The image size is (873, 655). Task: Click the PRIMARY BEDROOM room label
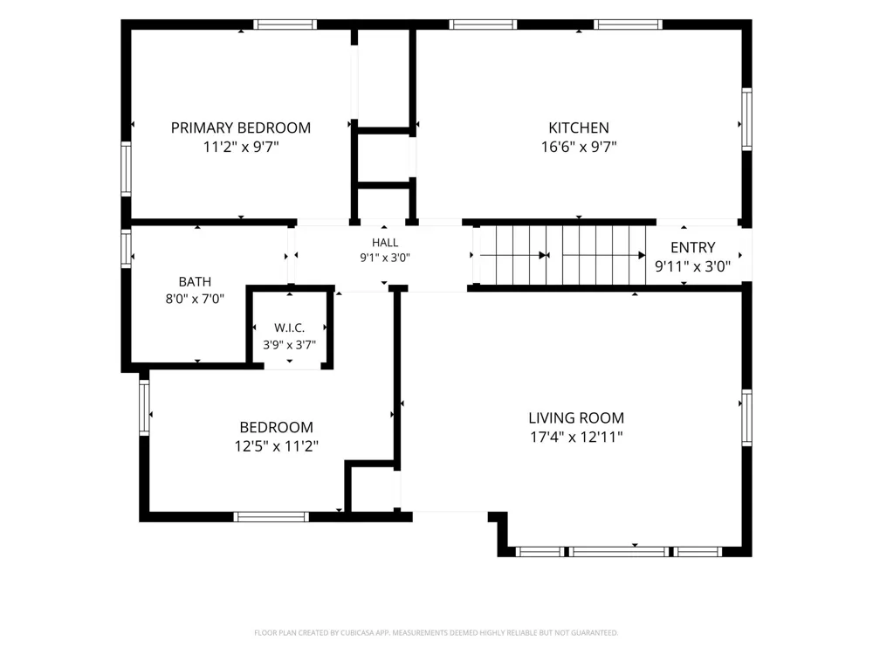click(x=241, y=128)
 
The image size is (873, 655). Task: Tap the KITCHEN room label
click(x=579, y=128)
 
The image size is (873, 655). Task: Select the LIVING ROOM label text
click(x=576, y=417)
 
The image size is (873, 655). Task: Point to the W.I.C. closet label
click(x=290, y=328)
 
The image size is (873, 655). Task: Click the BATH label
click(x=195, y=282)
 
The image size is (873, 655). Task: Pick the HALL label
click(x=385, y=243)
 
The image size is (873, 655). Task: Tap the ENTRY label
click(x=692, y=247)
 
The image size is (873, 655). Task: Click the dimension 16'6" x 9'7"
click(x=579, y=147)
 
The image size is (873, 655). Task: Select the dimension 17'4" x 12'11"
click(x=576, y=437)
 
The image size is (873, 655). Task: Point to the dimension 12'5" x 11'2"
click(x=276, y=446)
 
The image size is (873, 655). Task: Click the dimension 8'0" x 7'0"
click(x=195, y=299)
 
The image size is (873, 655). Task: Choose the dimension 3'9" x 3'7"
click(x=290, y=345)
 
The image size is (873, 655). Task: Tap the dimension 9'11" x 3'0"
click(x=692, y=266)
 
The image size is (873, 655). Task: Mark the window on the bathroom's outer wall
click(x=127, y=248)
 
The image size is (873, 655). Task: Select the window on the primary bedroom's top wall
click(x=285, y=24)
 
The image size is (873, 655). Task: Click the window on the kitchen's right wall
click(x=746, y=119)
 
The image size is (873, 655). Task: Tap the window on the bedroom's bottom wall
click(x=272, y=517)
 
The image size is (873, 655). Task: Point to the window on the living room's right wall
click(x=746, y=417)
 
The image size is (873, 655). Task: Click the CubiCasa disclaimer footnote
click(x=436, y=632)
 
